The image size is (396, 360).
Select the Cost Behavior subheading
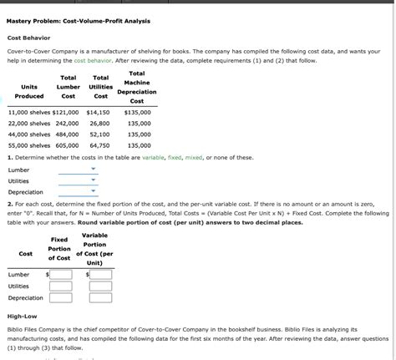point(29,38)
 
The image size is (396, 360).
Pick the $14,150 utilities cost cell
point(98,112)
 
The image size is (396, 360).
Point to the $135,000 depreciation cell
point(137,112)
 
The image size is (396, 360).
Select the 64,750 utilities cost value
point(99,145)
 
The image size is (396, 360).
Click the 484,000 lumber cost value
point(67,134)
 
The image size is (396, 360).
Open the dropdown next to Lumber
point(78,170)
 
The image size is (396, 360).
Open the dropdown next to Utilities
point(78,180)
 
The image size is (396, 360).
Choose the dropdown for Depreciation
point(78,191)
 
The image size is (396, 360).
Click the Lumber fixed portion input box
point(60,274)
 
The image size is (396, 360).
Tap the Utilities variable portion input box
point(100,286)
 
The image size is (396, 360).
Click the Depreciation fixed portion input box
point(60,297)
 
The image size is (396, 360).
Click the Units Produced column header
point(28,91)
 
